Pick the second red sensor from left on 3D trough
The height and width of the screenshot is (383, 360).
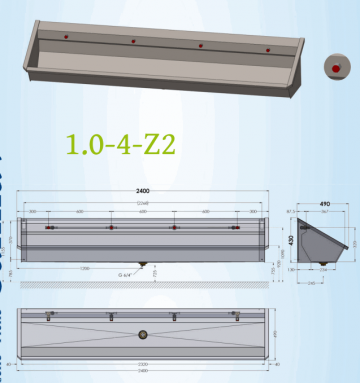click(x=133, y=41)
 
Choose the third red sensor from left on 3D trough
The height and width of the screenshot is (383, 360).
click(x=201, y=45)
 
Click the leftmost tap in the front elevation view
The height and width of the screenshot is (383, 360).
click(x=48, y=229)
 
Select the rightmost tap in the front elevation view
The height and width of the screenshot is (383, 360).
click(x=236, y=229)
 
